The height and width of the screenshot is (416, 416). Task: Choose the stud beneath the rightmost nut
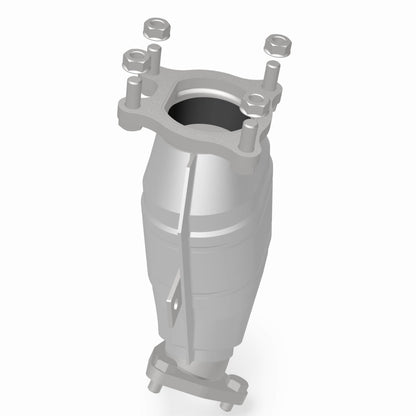[x=271, y=74]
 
